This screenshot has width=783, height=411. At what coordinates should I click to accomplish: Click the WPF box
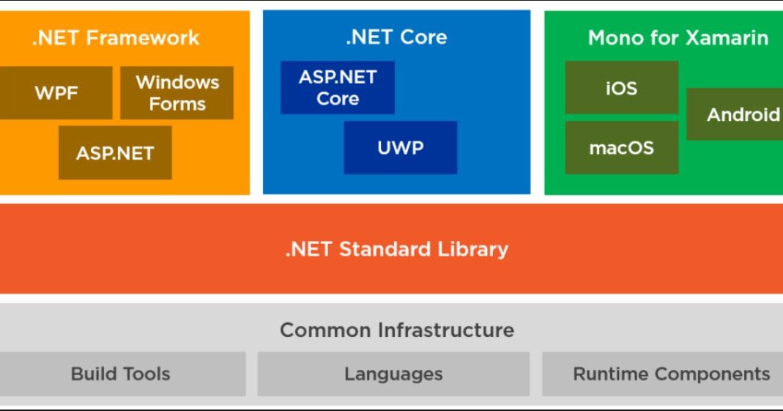[x=56, y=93]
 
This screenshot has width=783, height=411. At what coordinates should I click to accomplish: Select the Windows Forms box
[x=177, y=93]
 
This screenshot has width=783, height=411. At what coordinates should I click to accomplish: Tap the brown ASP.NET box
[x=115, y=153]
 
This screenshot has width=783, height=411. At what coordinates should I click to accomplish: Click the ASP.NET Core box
[x=337, y=88]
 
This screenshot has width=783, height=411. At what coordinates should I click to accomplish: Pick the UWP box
[x=400, y=148]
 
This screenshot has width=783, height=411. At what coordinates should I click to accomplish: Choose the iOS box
[x=621, y=88]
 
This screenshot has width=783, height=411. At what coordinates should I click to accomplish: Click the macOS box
[x=621, y=148]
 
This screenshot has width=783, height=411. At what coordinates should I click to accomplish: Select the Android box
[x=736, y=114]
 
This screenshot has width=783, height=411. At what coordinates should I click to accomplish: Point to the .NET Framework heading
[x=115, y=38]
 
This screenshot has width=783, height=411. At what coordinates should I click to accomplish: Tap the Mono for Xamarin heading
[x=678, y=38]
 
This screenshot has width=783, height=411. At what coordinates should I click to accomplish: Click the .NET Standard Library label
[x=396, y=249]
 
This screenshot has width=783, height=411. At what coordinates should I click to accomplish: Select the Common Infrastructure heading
[x=396, y=330]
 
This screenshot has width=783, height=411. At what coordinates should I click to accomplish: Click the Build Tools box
[x=120, y=374]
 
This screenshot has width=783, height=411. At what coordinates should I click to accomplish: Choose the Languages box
[x=393, y=374]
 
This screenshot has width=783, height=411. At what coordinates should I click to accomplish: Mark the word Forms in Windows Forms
[x=177, y=104]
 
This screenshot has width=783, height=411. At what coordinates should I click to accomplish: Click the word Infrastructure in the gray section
[x=445, y=330]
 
